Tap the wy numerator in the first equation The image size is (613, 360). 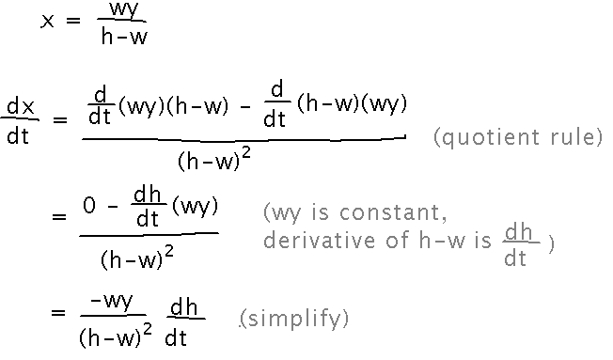click(x=122, y=13)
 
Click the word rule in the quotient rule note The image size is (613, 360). click(x=574, y=138)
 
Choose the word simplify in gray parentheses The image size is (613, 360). click(x=294, y=320)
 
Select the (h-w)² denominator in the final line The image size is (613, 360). click(x=115, y=334)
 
